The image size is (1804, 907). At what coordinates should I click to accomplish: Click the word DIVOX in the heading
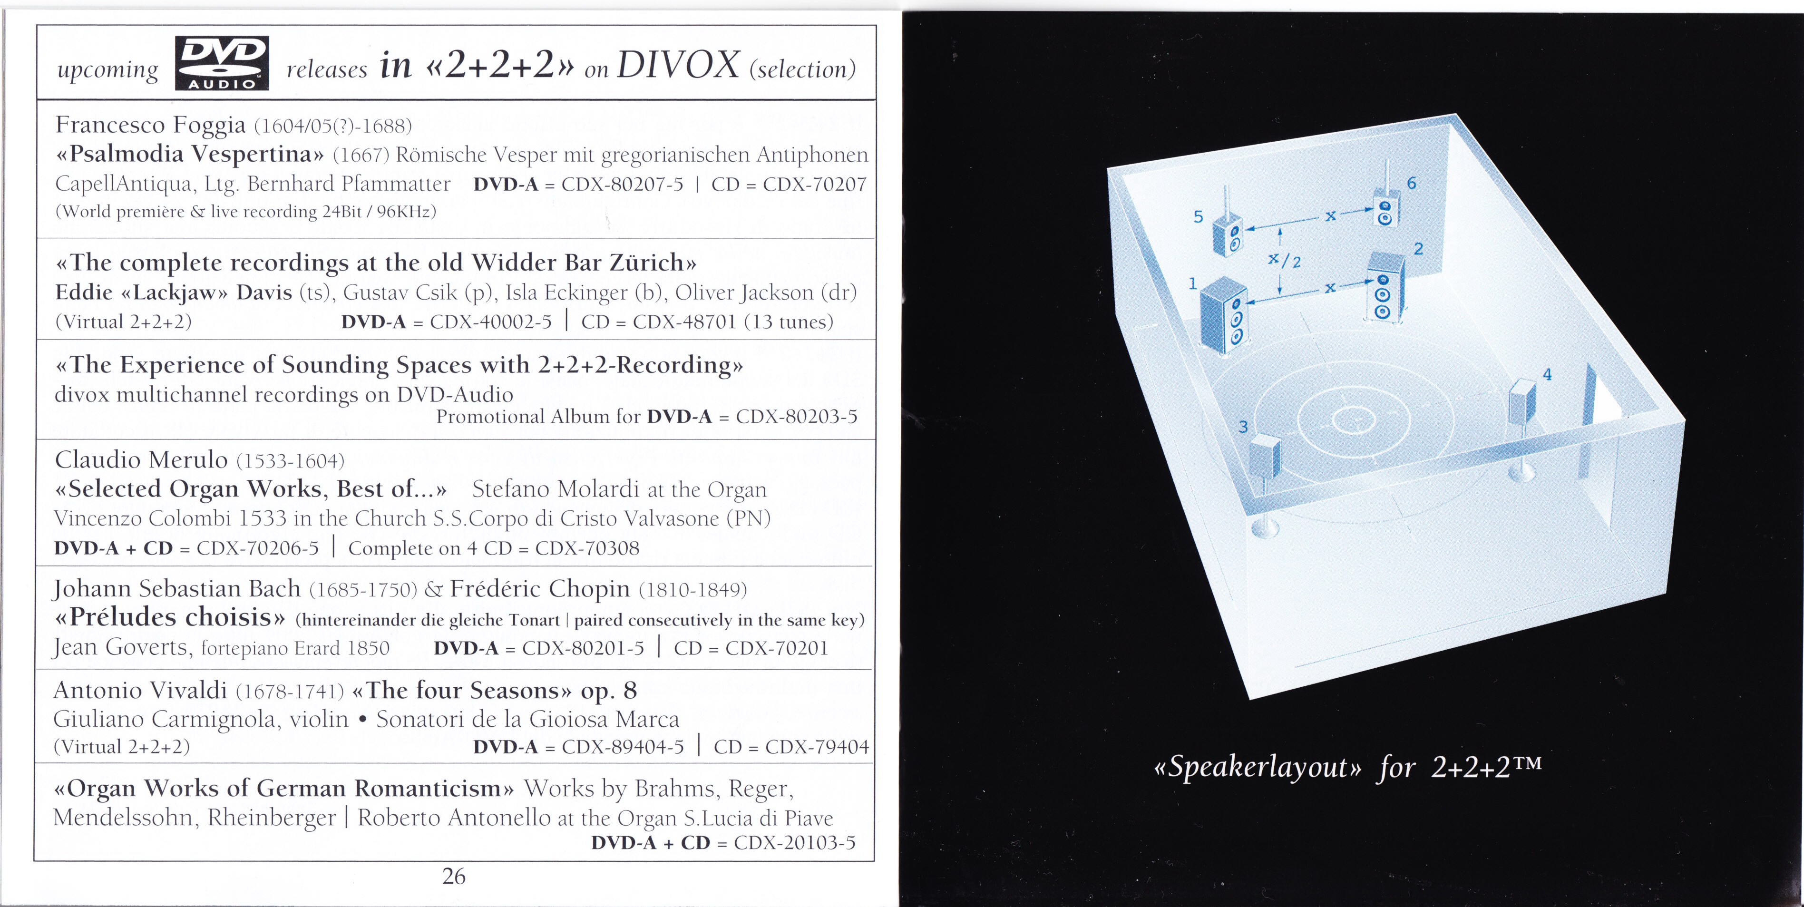[678, 66]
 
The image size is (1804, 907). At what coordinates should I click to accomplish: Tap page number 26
[454, 876]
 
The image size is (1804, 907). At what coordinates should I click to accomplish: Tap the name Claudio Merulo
[141, 459]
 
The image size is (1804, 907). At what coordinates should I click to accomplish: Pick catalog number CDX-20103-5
[795, 843]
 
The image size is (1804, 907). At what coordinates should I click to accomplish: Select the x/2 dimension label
[1284, 260]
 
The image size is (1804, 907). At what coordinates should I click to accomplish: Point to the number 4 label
[1548, 375]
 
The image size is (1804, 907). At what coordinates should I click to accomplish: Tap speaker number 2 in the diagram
[1386, 287]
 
